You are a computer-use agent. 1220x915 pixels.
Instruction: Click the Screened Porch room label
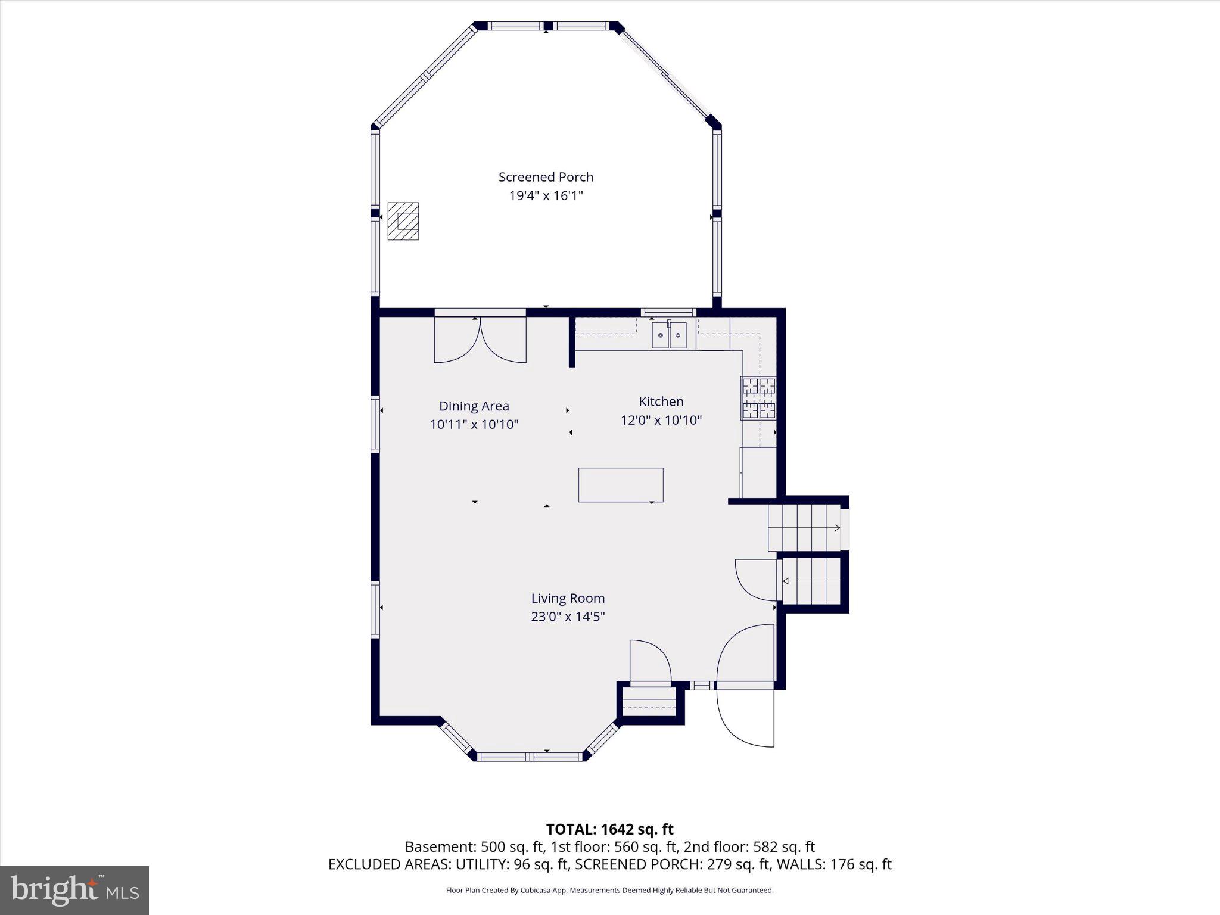546,177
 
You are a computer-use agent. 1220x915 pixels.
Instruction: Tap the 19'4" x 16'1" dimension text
546,195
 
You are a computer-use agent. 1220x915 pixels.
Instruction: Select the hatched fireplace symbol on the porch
403,221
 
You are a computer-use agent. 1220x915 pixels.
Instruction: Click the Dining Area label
474,406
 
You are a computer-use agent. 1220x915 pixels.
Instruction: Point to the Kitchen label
661,402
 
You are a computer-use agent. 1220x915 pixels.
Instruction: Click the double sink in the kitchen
669,335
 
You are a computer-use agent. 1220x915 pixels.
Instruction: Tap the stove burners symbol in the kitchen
758,398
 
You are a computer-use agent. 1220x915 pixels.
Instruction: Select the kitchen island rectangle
621,485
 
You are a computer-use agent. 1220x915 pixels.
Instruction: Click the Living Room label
568,598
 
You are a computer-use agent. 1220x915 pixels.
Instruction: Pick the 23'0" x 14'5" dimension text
568,617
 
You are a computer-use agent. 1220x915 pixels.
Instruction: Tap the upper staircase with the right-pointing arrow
804,528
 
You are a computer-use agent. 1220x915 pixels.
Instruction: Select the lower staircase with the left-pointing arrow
811,581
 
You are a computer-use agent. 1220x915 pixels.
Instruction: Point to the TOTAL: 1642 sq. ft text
609,829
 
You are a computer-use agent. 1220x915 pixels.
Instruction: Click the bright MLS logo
74,891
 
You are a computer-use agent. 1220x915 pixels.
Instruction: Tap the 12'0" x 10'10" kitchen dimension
661,420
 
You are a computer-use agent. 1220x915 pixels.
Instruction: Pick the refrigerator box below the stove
758,472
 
